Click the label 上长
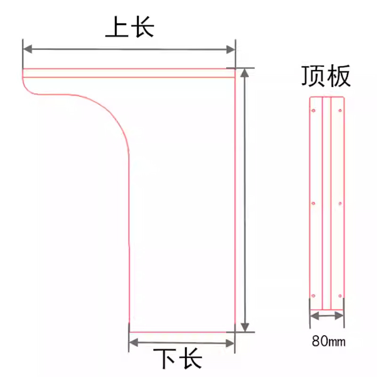[x=130, y=28]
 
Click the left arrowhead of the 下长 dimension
[x=133, y=341]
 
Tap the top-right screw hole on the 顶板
[x=340, y=111]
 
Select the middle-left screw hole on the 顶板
[x=313, y=203]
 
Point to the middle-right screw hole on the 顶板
[x=340, y=203]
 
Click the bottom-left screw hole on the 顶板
[x=313, y=296]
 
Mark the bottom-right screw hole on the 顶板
[x=340, y=296]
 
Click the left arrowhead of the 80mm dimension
[x=313, y=317]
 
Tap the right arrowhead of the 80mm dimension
[x=340, y=317]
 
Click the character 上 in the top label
[x=115, y=28]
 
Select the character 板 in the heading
[x=339, y=76]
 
